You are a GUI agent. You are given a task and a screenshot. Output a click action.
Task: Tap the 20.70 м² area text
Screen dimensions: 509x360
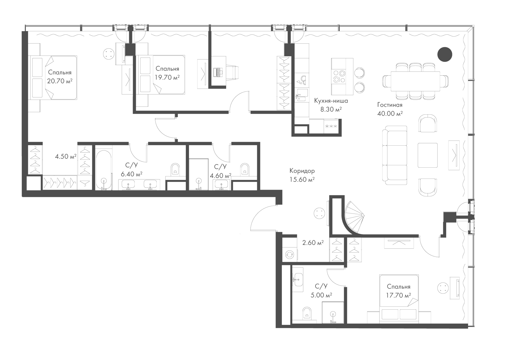(60, 81)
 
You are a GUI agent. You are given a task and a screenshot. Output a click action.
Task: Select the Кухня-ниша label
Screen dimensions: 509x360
(331, 101)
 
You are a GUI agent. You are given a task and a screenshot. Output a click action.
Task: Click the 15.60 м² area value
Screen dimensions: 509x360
(302, 180)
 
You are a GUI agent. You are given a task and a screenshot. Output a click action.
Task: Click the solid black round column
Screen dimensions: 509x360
(444, 54)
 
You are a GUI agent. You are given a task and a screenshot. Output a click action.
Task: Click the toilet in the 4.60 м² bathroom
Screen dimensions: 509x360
(245, 169)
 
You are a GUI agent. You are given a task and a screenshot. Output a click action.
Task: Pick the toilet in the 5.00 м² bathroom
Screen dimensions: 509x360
(307, 313)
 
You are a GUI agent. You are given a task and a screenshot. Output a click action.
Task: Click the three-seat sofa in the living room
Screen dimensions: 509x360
(395, 155)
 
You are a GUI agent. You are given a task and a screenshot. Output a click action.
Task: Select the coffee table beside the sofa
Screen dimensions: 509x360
(428, 155)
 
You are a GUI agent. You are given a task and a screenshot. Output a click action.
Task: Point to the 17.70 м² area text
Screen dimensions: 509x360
(398, 295)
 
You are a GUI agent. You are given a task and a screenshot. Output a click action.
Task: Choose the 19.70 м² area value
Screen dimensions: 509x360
(167, 77)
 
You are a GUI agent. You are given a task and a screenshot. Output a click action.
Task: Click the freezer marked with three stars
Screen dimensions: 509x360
(331, 126)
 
